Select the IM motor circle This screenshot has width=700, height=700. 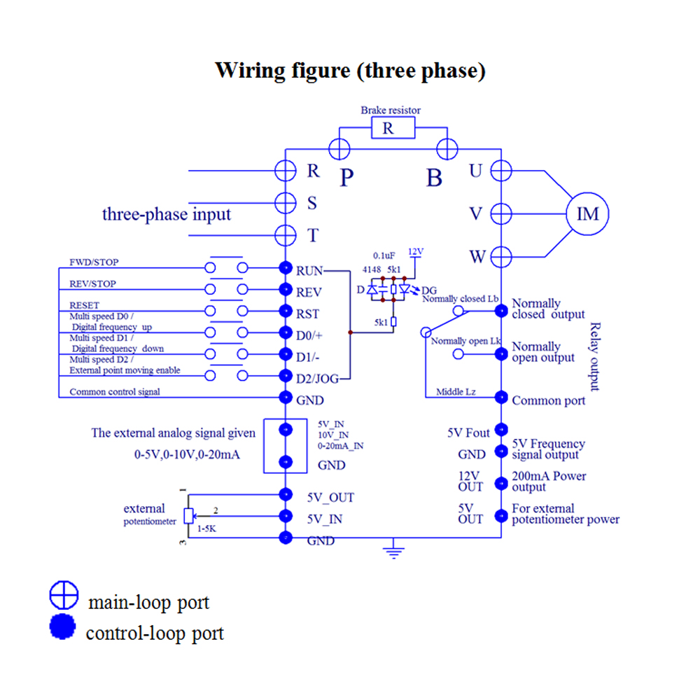(587, 213)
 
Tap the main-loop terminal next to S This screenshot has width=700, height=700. (286, 203)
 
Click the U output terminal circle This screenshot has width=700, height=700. (501, 170)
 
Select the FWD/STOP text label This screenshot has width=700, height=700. (94, 262)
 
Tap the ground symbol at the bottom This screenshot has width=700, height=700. (395, 550)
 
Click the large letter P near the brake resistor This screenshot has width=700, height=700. (346, 178)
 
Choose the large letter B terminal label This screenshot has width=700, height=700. (434, 178)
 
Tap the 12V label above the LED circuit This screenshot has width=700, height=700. (416, 251)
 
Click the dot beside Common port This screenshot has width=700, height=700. (501, 398)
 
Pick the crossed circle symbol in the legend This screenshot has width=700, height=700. (63, 595)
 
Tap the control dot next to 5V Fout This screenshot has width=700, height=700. (501, 429)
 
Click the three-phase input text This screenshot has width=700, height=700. (166, 214)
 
